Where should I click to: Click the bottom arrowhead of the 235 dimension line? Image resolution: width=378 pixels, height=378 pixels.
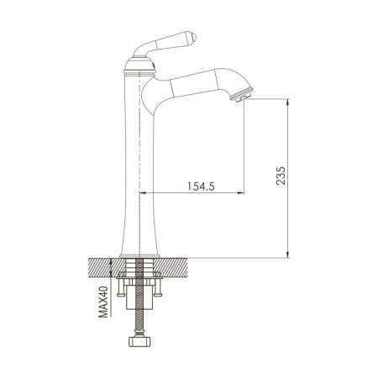tap(288, 253)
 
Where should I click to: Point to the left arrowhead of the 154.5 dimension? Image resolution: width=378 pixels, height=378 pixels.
tap(140, 194)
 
